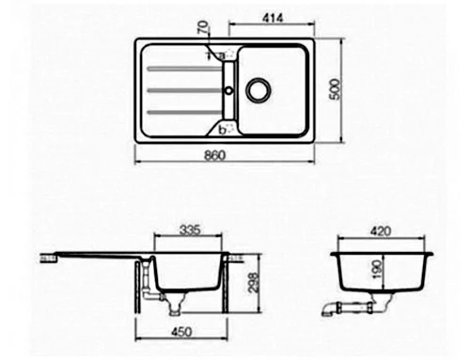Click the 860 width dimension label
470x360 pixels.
(x=215, y=155)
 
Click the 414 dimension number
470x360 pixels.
(x=273, y=18)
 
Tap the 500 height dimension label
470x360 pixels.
(x=335, y=89)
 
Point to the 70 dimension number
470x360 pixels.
(x=203, y=27)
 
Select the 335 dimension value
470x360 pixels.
(x=190, y=230)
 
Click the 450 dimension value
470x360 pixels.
(x=181, y=332)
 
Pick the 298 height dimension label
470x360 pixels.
(x=253, y=283)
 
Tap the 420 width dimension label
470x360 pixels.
(x=381, y=231)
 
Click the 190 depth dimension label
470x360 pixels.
(x=378, y=269)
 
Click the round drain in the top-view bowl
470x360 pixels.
(x=258, y=89)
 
